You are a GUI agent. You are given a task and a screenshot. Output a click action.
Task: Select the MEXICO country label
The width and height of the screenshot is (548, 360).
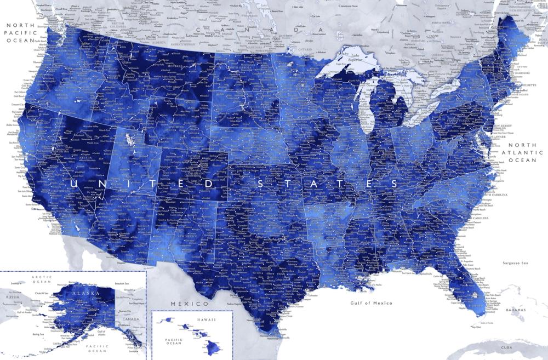[189, 304]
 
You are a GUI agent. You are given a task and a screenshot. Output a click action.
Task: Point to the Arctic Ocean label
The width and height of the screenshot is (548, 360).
[41, 280]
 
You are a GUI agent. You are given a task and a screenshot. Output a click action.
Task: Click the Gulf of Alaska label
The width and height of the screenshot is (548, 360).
[101, 332]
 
